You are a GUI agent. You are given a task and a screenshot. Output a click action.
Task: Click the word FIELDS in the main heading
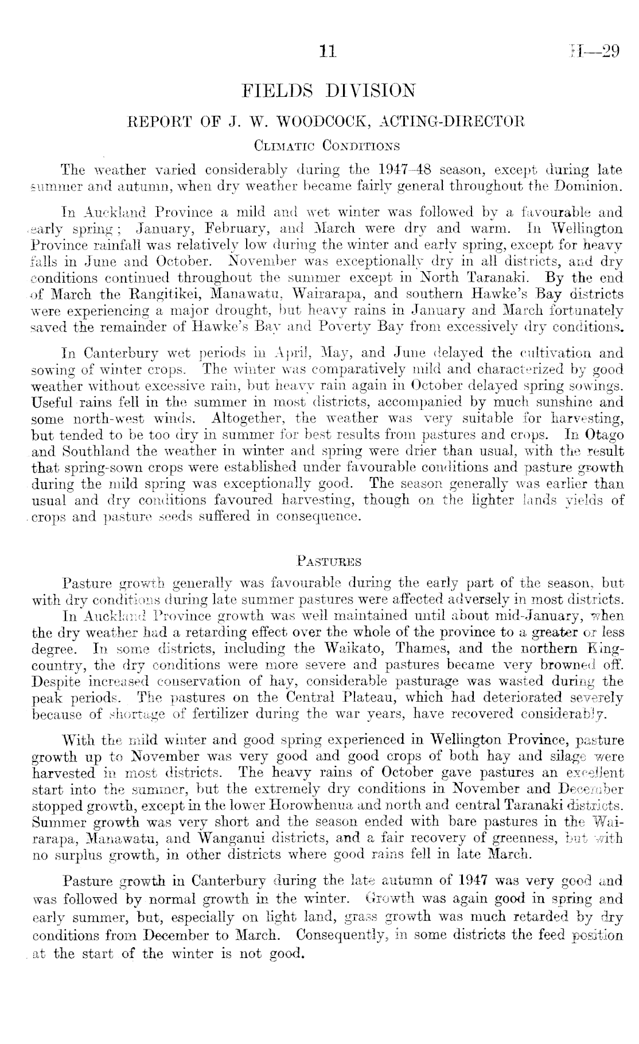[272, 91]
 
